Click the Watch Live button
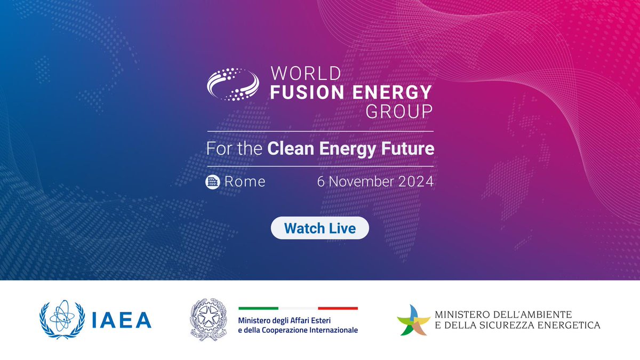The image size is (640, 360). tap(319, 228)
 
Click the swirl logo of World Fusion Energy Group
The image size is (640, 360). tap(233, 84)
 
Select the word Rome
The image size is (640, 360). tap(245, 181)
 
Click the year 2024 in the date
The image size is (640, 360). tap(417, 181)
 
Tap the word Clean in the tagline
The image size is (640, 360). tap(290, 149)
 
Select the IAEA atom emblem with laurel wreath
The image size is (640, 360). tap(59, 320)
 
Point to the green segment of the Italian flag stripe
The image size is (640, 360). tap(258, 308)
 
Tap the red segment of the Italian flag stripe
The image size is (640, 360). tap(338, 308)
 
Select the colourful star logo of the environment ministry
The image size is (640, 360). tap(413, 320)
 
